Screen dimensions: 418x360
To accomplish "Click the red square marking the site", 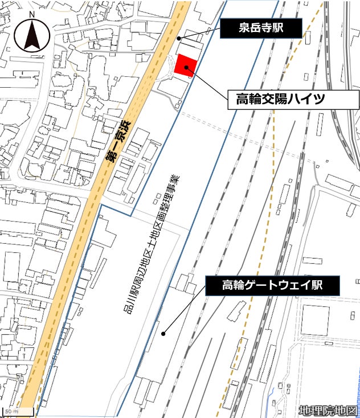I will (x=186, y=64).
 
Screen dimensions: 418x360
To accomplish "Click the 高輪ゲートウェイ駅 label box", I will (x=272, y=285).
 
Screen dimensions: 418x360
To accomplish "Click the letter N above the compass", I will (x=32, y=14).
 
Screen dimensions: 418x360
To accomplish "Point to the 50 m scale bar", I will (x=17, y=411).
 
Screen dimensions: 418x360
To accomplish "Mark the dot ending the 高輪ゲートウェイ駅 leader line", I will (x=163, y=334).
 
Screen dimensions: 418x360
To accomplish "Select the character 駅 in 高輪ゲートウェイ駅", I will (x=316, y=285).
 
